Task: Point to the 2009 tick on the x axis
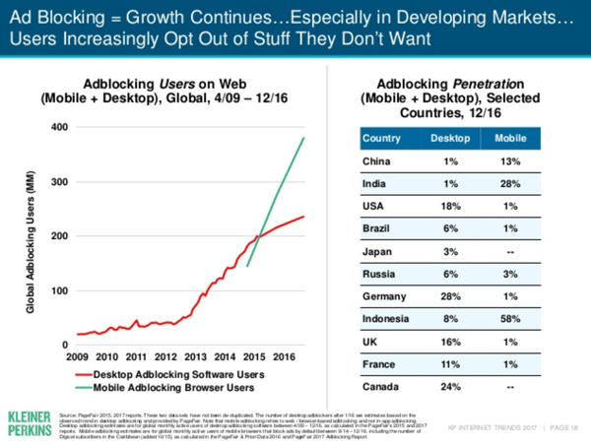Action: [80, 355]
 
